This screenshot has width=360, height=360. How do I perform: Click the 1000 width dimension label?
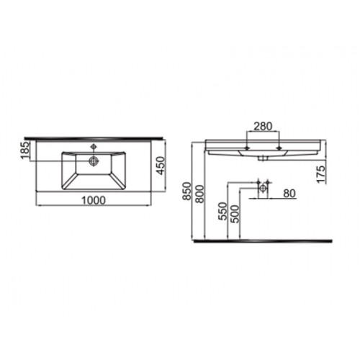click(94, 200)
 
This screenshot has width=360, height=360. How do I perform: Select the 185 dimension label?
click(25, 150)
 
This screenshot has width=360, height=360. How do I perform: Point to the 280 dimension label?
click(263, 126)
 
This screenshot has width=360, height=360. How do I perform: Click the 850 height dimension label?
click(187, 191)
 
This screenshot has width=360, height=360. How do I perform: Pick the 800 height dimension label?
click(199, 194)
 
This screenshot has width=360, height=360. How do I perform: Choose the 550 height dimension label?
click(222, 211)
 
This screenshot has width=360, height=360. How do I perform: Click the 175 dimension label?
click(320, 174)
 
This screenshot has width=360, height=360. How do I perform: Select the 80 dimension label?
click(289, 194)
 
